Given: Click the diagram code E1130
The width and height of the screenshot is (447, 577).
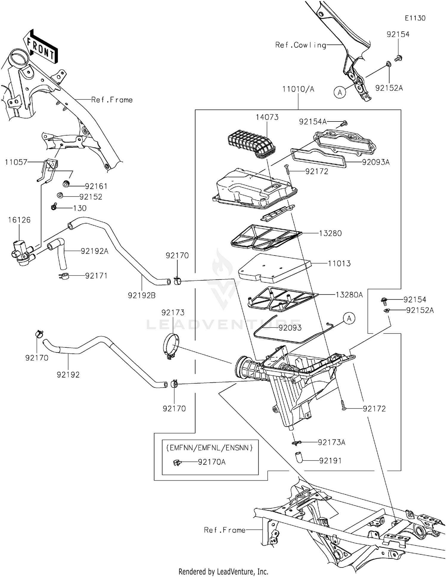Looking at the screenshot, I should [415, 18].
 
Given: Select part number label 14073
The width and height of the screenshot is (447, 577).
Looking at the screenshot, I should [267, 117].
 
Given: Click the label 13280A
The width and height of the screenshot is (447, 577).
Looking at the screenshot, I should [349, 295].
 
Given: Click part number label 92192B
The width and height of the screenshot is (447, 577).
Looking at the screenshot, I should [142, 295].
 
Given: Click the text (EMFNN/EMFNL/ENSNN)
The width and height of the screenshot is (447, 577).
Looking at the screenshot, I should [209, 447].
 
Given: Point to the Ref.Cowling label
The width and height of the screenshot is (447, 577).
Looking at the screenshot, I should [300, 45].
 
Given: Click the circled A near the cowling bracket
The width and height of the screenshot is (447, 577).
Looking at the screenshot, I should [340, 92].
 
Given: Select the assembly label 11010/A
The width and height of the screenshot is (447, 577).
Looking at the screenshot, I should [298, 89].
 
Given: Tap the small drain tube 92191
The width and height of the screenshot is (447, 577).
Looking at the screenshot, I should [299, 457].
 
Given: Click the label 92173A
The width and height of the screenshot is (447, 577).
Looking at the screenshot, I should [331, 442].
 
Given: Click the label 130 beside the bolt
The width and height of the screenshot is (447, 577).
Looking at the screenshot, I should [80, 208].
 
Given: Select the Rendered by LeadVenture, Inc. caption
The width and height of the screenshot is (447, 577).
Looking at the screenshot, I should [223, 571].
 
